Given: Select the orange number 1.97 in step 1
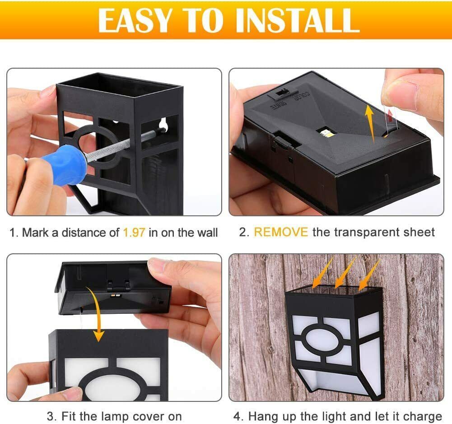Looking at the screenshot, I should click(134, 233).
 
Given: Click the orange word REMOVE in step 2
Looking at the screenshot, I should click(281, 232).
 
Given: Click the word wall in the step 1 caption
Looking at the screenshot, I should click(207, 233).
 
